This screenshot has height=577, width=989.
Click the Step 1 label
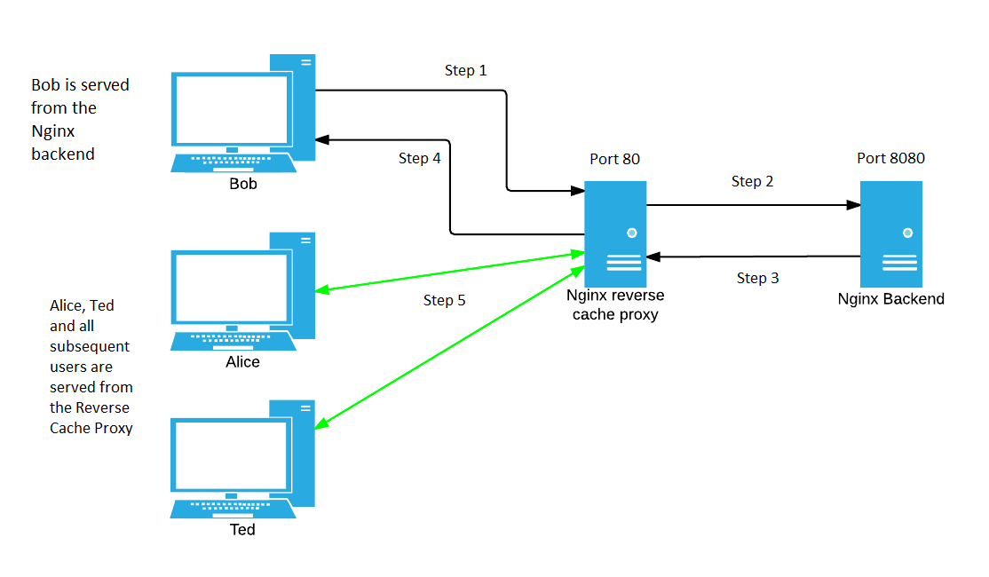pyautogui.click(x=465, y=70)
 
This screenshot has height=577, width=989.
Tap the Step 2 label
pyautogui.click(x=752, y=181)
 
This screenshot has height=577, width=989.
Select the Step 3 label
pyautogui.click(x=757, y=278)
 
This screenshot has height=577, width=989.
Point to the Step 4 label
pyautogui.click(x=419, y=158)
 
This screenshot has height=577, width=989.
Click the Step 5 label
pyautogui.click(x=444, y=300)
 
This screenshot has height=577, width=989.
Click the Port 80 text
pyautogui.click(x=614, y=159)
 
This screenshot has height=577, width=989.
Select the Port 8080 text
pyautogui.click(x=890, y=158)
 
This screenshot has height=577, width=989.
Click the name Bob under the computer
pyautogui.click(x=242, y=184)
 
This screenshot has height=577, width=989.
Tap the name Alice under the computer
pyautogui.click(x=242, y=362)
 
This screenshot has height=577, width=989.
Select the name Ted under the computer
pyautogui.click(x=242, y=529)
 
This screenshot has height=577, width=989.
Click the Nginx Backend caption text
pyautogui.click(x=890, y=299)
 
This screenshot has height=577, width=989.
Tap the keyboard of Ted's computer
pyautogui.click(x=233, y=507)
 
